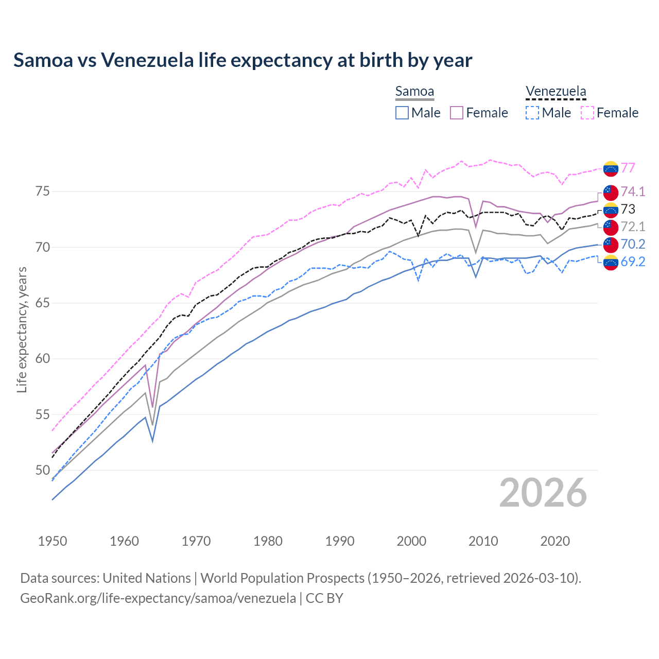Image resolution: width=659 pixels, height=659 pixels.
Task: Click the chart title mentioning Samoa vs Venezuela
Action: point(242,60)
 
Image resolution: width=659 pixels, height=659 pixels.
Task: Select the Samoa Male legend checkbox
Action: point(402,113)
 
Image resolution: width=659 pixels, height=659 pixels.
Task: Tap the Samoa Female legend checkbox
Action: point(457,113)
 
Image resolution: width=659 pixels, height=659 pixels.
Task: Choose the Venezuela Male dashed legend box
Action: point(532,113)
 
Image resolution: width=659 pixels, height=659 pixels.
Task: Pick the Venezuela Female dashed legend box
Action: point(587,113)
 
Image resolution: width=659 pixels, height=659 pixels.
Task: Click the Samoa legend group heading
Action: point(414,91)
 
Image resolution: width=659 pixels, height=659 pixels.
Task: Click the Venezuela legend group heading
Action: point(556,91)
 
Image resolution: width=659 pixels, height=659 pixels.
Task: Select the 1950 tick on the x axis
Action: point(53,541)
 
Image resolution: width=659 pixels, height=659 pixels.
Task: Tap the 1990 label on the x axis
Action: point(340,541)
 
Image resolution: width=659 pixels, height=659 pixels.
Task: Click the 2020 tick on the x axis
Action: point(555,541)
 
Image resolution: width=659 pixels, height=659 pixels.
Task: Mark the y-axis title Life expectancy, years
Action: point(22,329)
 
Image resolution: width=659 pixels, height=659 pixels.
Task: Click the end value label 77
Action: point(628,168)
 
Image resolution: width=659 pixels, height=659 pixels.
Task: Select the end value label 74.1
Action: point(633,192)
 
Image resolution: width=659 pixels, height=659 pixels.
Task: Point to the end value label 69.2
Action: point(633,262)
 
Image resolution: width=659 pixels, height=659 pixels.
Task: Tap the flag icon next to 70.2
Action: point(611,244)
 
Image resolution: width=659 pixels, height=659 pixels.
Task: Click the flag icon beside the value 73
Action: point(611,209)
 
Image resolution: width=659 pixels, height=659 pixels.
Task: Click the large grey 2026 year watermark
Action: point(543,493)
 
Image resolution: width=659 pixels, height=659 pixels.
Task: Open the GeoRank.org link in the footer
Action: point(158,598)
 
